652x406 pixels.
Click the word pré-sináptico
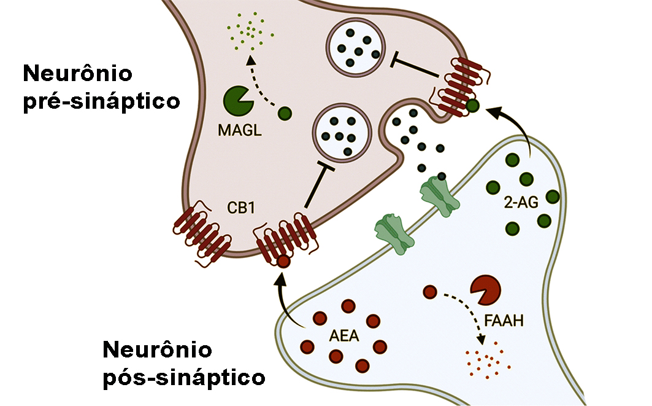click(101, 100)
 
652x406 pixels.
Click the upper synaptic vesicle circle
click(356, 50)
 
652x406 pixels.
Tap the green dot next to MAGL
click(285, 114)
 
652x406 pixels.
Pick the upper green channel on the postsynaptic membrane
click(437, 195)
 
